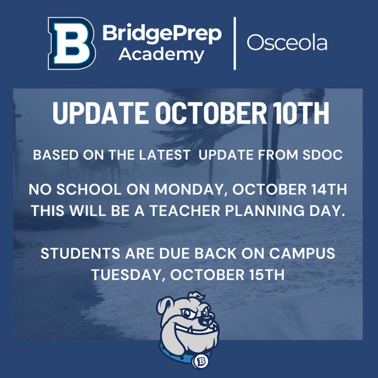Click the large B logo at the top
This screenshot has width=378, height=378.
(72, 43)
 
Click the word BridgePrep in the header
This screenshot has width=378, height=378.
(163, 34)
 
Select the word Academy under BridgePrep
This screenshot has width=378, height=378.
(161, 55)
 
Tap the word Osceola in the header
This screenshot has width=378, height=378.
(287, 43)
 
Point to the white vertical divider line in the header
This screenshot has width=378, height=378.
(234, 43)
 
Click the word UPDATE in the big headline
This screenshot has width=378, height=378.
(101, 113)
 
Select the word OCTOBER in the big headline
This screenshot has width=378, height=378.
(211, 113)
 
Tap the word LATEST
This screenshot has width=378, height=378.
(164, 155)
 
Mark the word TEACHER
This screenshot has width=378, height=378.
(185, 210)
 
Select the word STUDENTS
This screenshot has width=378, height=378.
(80, 254)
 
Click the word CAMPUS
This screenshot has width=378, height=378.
(302, 254)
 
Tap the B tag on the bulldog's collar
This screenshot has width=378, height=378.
(201, 361)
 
